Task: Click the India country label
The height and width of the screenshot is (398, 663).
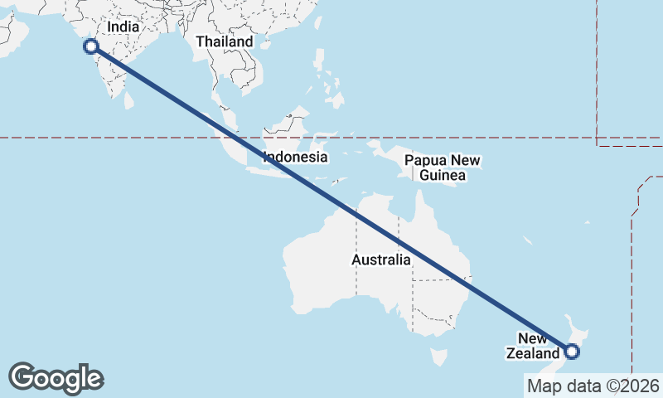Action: point(123,27)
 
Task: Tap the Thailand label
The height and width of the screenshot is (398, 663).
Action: point(224,41)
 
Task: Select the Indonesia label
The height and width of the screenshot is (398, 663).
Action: point(295,157)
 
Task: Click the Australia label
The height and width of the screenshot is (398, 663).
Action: point(380,260)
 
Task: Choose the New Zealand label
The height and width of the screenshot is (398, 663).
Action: point(535,346)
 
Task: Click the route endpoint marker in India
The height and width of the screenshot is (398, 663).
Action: point(91,46)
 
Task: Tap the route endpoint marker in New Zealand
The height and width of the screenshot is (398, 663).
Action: point(572,352)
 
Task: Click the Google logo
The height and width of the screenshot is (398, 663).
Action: point(56,378)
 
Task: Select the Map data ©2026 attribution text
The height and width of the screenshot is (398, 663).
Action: point(593,386)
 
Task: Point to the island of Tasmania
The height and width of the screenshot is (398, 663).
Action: point(438,357)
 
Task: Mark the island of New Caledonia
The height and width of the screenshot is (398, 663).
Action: point(528,240)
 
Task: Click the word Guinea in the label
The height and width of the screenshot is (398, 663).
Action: point(443,176)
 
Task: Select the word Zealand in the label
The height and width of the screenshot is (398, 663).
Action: point(535,354)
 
